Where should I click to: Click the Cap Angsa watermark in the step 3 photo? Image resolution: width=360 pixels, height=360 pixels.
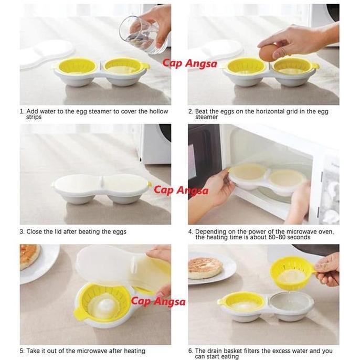pyautogui.click(x=181, y=189)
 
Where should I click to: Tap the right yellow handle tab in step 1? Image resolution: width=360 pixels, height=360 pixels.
pyautogui.click(x=146, y=67)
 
